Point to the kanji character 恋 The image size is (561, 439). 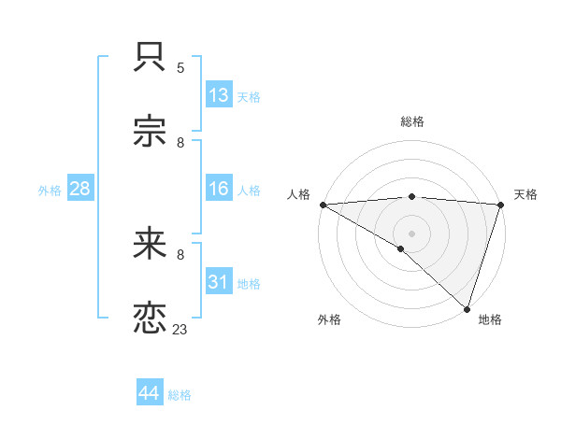(151, 318)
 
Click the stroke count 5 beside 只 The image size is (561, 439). (180, 68)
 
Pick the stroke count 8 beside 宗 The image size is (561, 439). (180, 143)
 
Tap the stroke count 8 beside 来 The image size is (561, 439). (180, 254)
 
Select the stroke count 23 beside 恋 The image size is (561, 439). (180, 329)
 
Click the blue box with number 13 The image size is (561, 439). (219, 95)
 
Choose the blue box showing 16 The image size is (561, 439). (219, 189)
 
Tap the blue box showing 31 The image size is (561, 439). (219, 282)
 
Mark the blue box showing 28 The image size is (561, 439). (79, 189)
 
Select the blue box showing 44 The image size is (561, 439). (149, 393)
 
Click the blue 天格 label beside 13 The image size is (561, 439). (249, 97)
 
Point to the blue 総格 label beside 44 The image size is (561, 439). (180, 395)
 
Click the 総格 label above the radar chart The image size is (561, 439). (412, 121)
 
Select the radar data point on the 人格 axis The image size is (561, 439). (323, 205)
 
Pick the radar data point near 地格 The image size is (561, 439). (467, 307)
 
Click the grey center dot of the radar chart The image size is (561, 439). (411, 233)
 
